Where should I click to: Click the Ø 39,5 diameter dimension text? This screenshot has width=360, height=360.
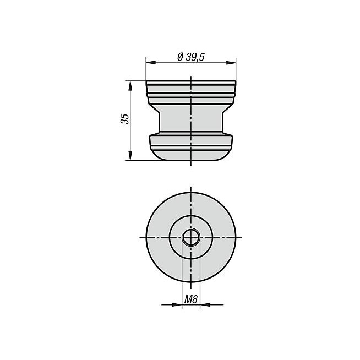(191, 57)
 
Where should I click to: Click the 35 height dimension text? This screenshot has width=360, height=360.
(125, 119)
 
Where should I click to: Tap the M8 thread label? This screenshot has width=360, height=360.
(191, 299)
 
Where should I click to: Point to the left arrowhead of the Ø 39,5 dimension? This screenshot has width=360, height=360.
(151, 63)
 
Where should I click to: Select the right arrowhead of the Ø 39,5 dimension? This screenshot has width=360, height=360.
(231, 63)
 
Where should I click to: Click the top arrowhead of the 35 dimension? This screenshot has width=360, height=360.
(130, 86)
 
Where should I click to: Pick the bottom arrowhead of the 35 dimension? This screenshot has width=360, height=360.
(130, 155)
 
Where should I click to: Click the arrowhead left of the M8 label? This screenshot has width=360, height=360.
(177, 305)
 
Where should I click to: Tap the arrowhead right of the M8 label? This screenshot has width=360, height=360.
(205, 305)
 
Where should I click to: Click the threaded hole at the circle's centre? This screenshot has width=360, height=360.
(191, 237)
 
